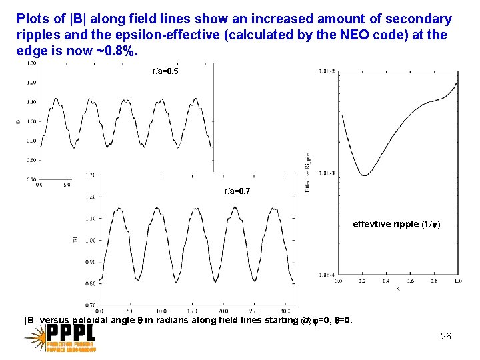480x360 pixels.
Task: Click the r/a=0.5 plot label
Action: coord(165,71)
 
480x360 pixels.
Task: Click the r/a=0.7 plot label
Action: coord(237,191)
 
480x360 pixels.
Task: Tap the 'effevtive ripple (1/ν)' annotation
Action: coord(396,225)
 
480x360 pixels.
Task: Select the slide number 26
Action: coord(446,336)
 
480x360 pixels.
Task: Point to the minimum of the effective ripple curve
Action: coord(364,175)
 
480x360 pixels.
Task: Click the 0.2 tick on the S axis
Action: coord(362,281)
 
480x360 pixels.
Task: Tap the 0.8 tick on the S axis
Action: coord(434,281)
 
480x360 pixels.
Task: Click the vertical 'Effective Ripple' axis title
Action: coord(307,173)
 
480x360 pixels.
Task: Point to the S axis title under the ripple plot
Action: coord(398,288)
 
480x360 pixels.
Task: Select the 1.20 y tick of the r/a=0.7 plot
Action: coord(91,197)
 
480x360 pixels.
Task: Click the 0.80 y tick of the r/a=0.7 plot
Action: coord(91,283)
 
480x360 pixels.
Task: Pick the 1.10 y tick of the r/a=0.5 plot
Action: coord(31,102)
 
